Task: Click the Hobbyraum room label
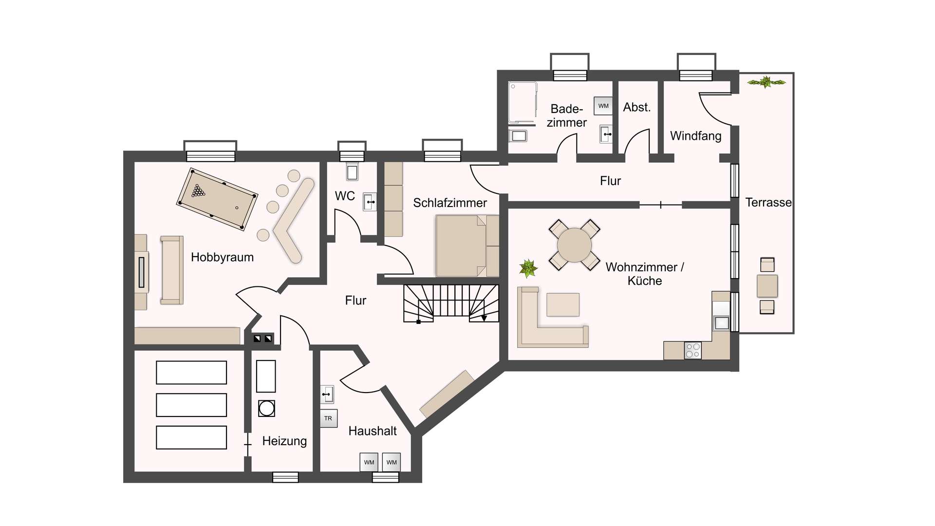tap(222, 257)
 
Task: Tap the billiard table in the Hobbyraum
tap(217, 199)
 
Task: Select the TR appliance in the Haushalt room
tap(328, 418)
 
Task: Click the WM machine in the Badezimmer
tap(603, 106)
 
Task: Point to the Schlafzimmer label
tap(450, 203)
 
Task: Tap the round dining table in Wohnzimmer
tap(575, 245)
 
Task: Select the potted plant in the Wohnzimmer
tap(528, 268)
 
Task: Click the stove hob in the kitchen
tap(693, 350)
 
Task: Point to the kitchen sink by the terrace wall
tap(721, 322)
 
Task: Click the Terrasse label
tap(768, 203)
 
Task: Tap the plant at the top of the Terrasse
tap(767, 82)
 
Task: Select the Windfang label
tap(695, 136)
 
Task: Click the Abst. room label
tap(637, 107)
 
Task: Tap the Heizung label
tap(284, 441)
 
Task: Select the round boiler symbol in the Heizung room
tap(266, 408)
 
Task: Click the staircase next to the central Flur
tap(451, 303)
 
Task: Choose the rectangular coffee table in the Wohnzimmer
tap(563, 305)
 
